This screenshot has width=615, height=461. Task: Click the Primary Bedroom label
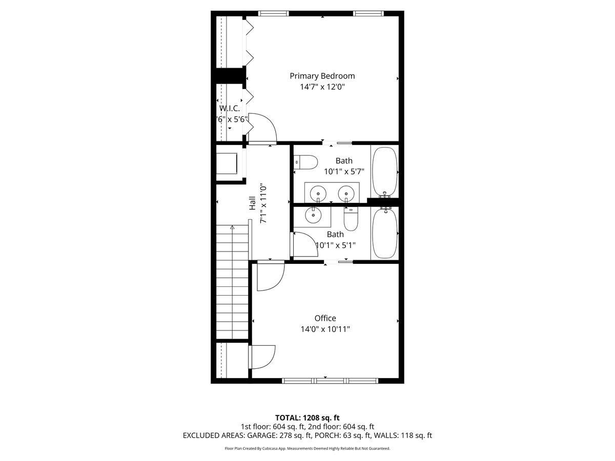point(322,76)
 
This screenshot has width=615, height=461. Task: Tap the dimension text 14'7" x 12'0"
point(322,87)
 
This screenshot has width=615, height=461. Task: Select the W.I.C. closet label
point(229,109)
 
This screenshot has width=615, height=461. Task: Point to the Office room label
point(325,318)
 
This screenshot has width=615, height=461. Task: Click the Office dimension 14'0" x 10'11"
point(325,329)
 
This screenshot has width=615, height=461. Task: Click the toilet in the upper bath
point(306,162)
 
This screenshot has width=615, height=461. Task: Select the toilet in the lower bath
point(351,219)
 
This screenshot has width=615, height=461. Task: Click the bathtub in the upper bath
point(384,172)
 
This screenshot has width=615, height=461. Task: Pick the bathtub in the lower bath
point(384,233)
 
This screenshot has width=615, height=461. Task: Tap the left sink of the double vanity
point(318,193)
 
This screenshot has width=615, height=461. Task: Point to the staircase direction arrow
point(232,227)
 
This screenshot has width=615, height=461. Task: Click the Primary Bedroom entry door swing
point(262,128)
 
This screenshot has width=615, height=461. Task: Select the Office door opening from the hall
point(270,277)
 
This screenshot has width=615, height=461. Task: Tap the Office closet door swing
point(262,357)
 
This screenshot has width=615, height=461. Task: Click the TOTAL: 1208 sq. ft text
point(307,418)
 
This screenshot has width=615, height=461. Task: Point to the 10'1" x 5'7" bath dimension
point(343,172)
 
